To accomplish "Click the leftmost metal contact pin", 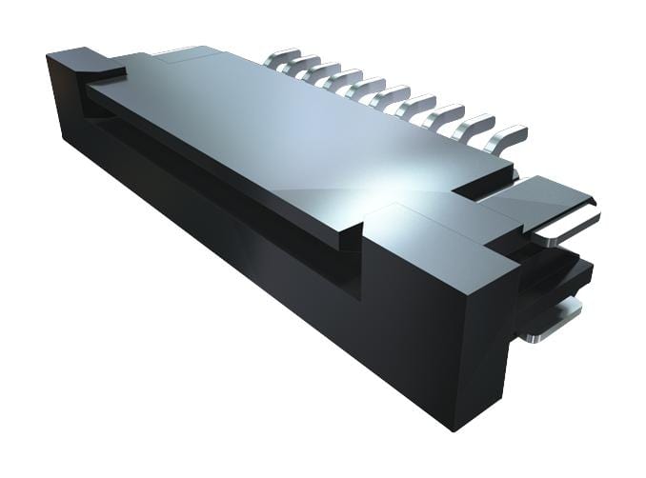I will pyautogui.click(x=283, y=58).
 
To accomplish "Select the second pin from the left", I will pyautogui.click(x=305, y=66).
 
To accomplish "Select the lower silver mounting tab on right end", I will pyautogui.click(x=553, y=319).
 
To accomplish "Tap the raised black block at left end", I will pyautogui.click(x=84, y=65).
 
